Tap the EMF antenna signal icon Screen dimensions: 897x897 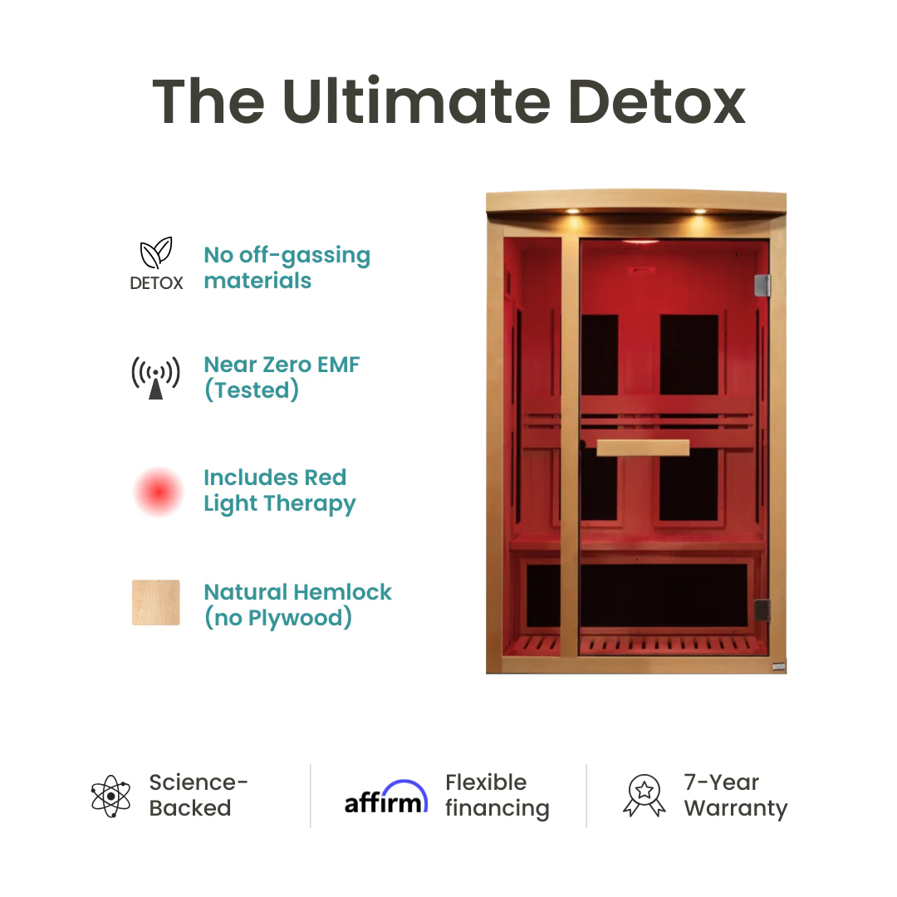[x=156, y=377]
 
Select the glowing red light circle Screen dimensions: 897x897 [x=158, y=492]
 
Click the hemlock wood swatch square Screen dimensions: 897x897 [x=156, y=603]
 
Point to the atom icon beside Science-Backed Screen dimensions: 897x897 [x=111, y=796]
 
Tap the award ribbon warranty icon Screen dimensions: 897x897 [x=645, y=796]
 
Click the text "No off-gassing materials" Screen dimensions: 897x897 [x=287, y=267]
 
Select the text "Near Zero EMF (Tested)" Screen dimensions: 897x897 [x=282, y=377]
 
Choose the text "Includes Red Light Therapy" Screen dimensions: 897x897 [x=279, y=490]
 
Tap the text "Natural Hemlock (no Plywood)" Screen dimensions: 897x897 [x=297, y=605]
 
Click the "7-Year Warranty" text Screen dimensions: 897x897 [x=735, y=796]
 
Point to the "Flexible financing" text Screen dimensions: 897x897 [x=497, y=796]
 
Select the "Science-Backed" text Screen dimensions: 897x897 [x=199, y=796]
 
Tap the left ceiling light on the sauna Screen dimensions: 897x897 [x=571, y=211]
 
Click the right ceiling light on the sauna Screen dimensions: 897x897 [x=698, y=211]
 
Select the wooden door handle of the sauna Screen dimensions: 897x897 [x=643, y=448]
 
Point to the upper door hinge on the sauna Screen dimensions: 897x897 [x=762, y=285]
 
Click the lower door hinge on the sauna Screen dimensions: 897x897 [x=762, y=609]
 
